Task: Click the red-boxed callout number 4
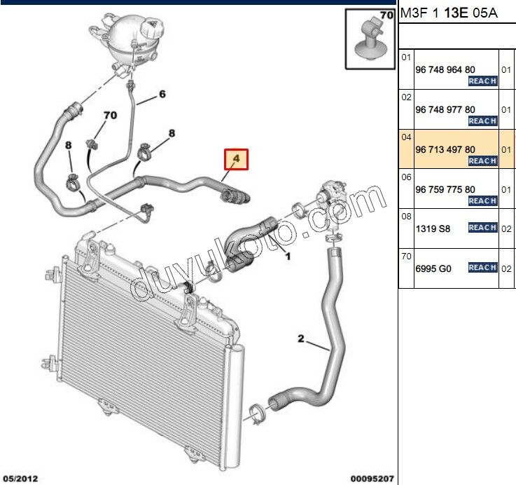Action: (x=236, y=160)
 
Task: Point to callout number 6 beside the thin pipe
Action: (x=162, y=94)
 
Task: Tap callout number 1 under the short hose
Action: (x=286, y=257)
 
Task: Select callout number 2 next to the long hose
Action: (x=301, y=340)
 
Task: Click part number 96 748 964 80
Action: (x=445, y=69)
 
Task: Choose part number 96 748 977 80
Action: (x=445, y=109)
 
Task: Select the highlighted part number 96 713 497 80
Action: (x=445, y=149)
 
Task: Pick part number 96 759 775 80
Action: (x=445, y=189)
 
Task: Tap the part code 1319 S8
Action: (x=434, y=228)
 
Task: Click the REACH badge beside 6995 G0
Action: (x=482, y=268)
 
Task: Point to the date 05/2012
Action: (x=19, y=479)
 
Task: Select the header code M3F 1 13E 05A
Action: (x=448, y=13)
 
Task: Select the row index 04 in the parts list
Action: (x=406, y=137)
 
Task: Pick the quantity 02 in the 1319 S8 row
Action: (x=507, y=228)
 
